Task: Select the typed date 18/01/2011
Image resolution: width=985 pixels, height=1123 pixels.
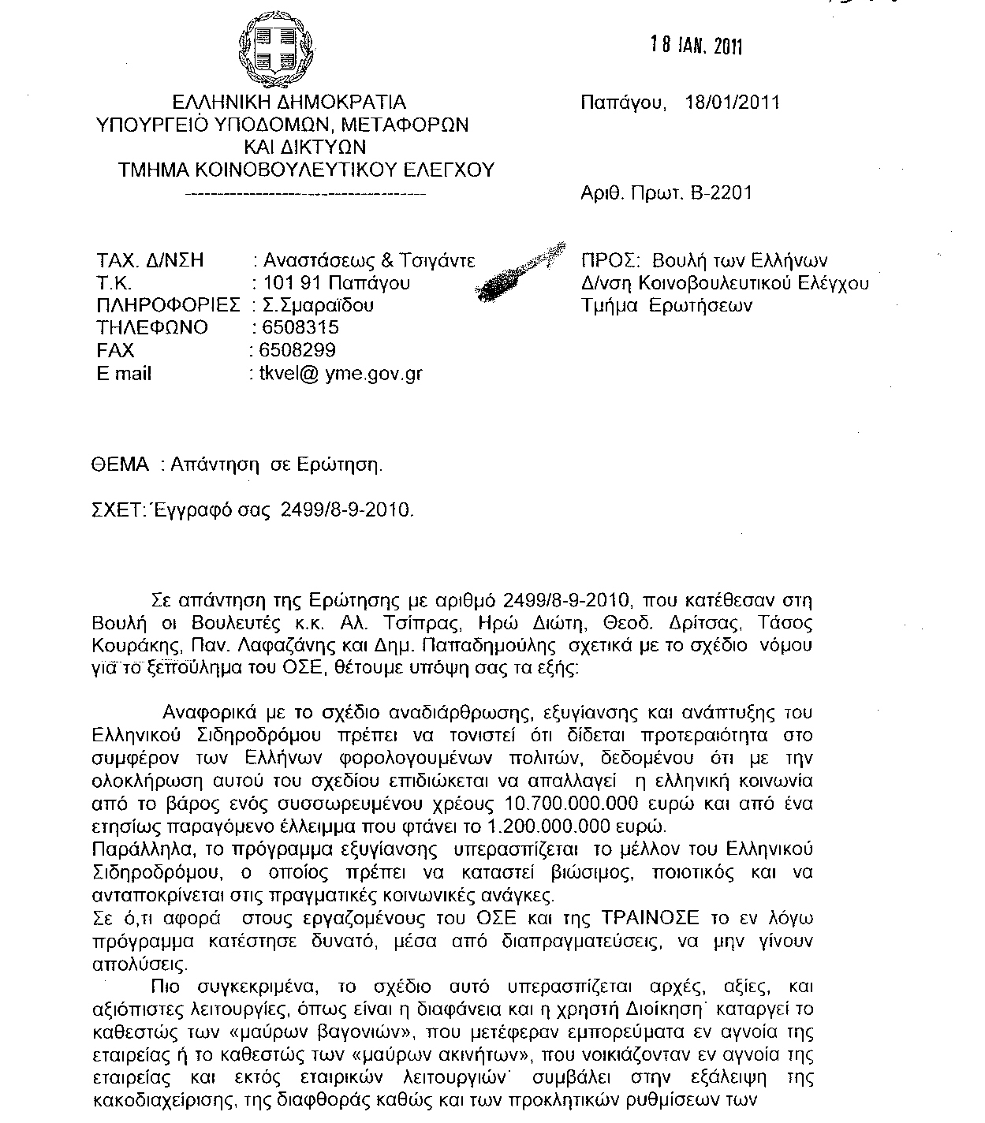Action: coord(733,103)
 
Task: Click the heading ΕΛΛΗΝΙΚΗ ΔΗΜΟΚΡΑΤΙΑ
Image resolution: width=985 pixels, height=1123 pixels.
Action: coord(289,103)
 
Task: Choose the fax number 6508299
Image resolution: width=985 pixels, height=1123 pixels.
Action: coord(293,350)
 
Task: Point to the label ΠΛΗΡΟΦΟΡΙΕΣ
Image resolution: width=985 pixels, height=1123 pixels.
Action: coord(167,305)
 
